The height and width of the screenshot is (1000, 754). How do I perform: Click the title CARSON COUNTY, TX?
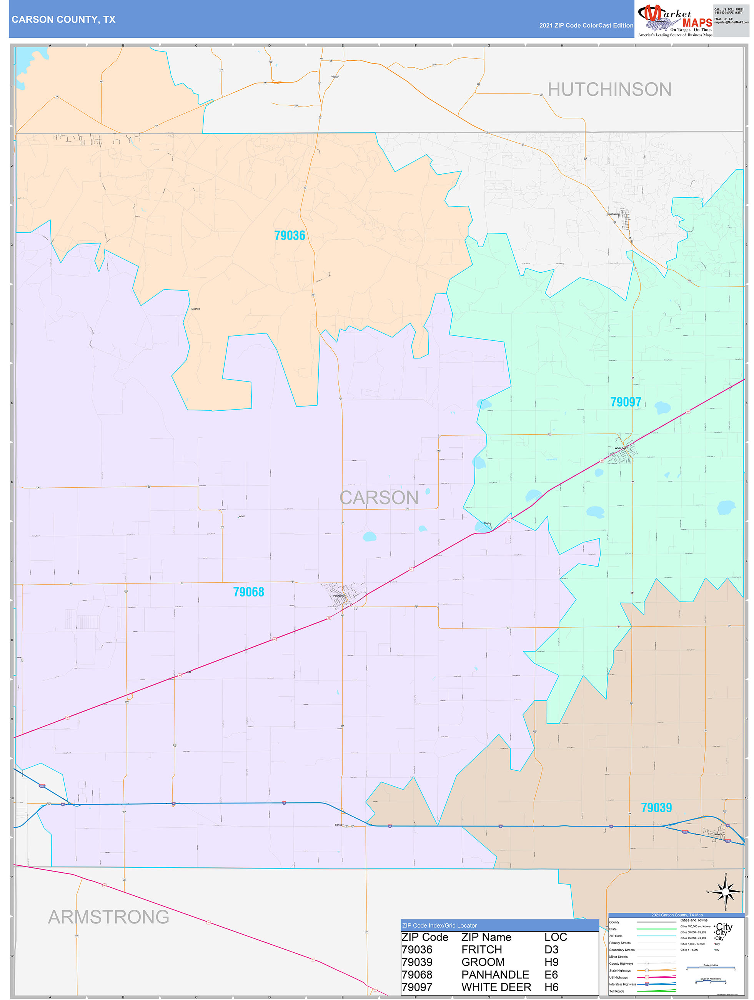(64, 20)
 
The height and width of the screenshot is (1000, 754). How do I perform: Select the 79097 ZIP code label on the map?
(626, 402)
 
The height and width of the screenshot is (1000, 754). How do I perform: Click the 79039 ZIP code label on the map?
(656, 807)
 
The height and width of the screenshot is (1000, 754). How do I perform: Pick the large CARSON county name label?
(379, 497)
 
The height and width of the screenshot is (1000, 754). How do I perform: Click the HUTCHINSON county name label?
(609, 90)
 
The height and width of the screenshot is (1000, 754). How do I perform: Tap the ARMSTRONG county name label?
(108, 917)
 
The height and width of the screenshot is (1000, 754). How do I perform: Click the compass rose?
(726, 892)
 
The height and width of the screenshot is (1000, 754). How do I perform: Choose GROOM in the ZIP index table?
(483, 962)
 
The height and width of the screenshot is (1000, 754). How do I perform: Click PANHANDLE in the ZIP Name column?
(495, 975)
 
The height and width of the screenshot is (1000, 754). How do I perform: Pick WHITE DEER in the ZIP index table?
(496, 987)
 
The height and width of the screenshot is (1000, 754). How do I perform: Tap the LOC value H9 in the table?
(551, 962)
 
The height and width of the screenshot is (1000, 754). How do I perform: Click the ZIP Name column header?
(486, 937)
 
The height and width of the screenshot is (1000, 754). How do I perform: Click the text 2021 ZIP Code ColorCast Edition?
(586, 25)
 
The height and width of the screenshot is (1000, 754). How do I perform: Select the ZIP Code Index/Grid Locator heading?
(439, 925)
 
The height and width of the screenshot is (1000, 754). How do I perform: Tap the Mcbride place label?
(195, 309)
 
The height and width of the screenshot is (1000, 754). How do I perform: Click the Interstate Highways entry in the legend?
(623, 984)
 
